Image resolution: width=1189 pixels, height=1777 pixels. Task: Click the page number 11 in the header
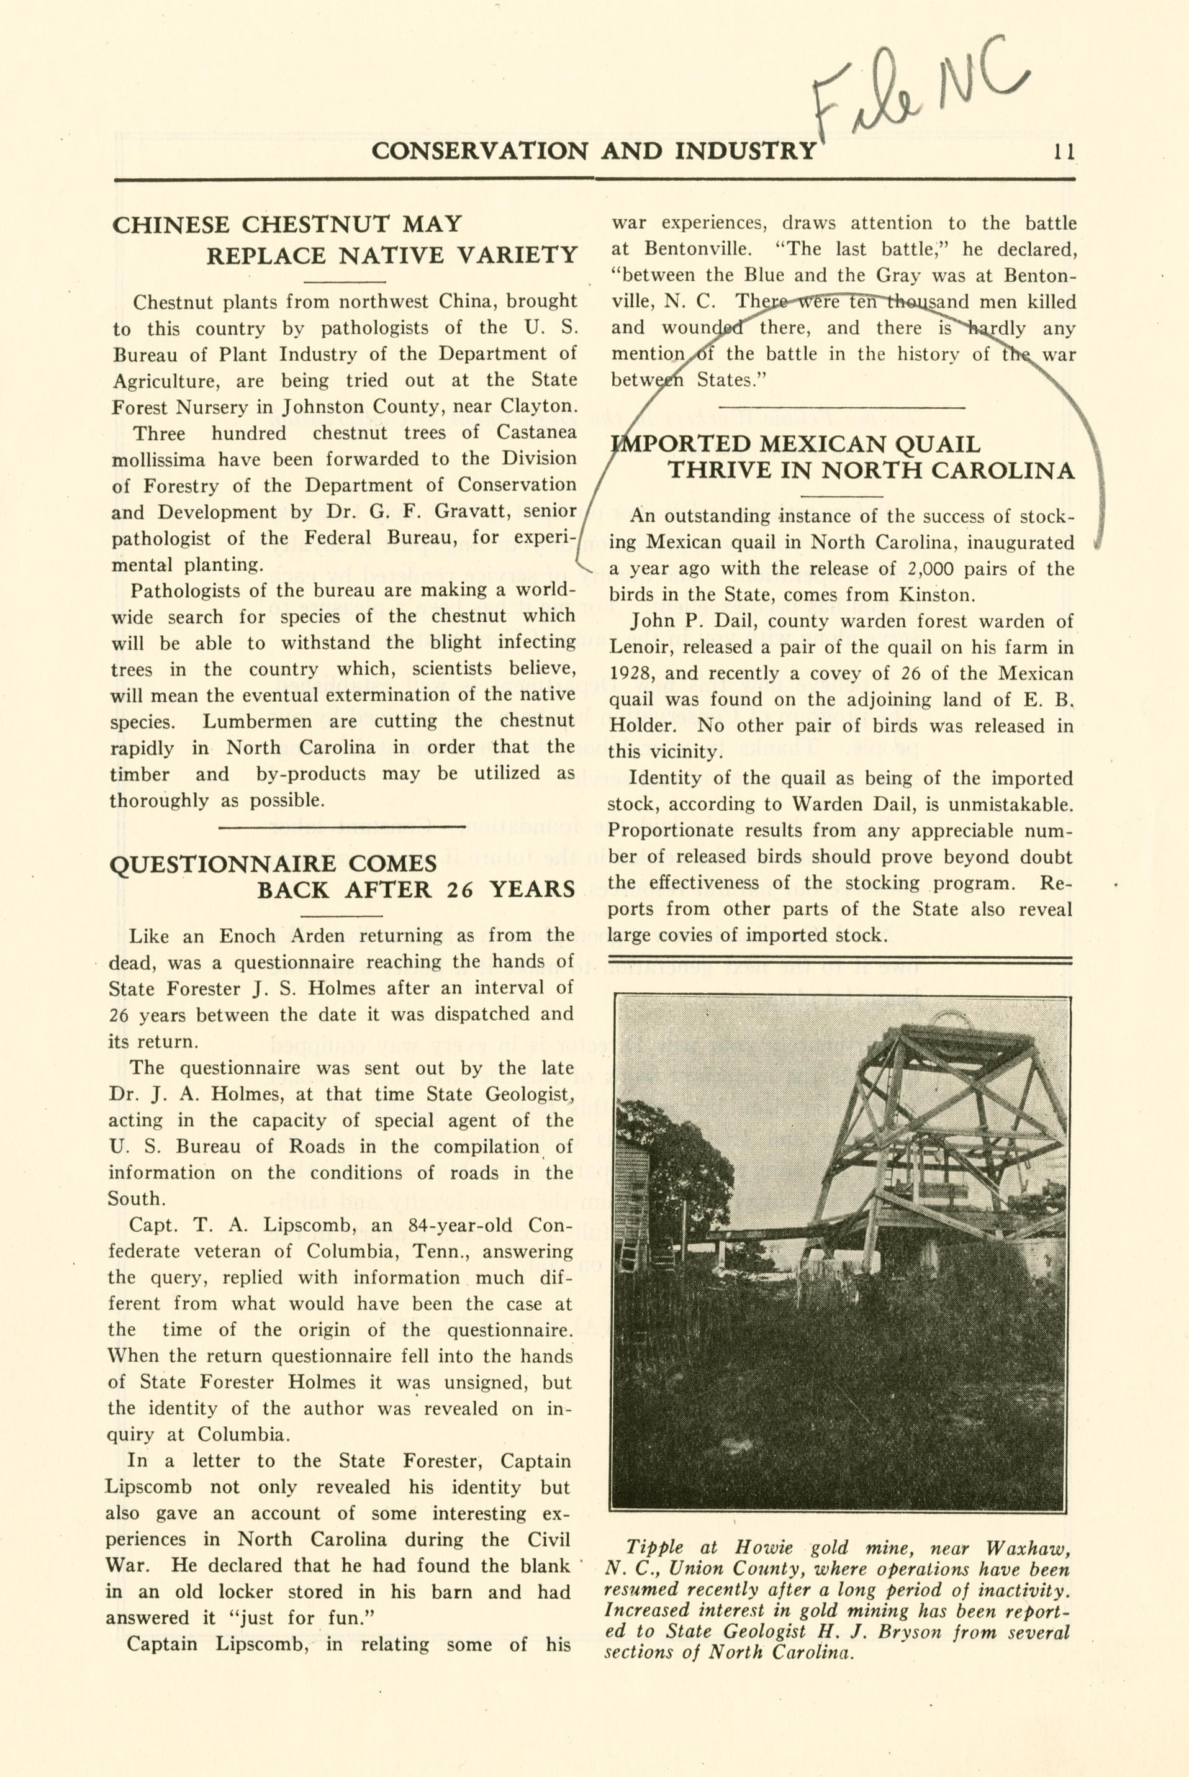tap(1063, 151)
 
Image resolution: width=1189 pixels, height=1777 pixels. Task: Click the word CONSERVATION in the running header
tap(479, 151)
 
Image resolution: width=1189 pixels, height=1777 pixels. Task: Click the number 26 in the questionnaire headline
tap(459, 889)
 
